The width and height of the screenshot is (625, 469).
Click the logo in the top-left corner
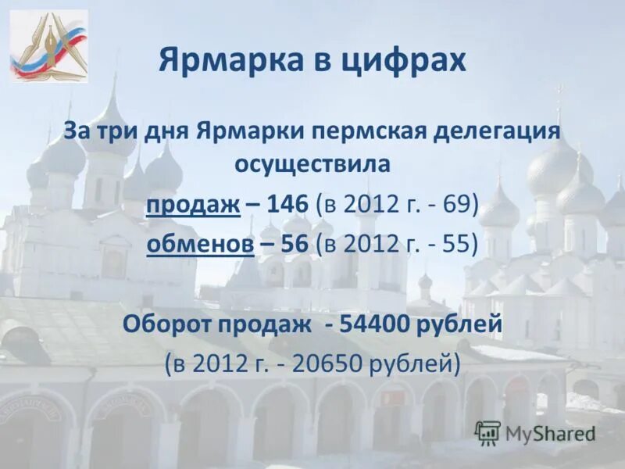tap(48, 46)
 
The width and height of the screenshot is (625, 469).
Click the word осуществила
tap(312, 165)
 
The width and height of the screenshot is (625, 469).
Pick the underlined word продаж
tap(192, 206)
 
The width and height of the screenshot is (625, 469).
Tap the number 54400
tap(377, 324)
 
